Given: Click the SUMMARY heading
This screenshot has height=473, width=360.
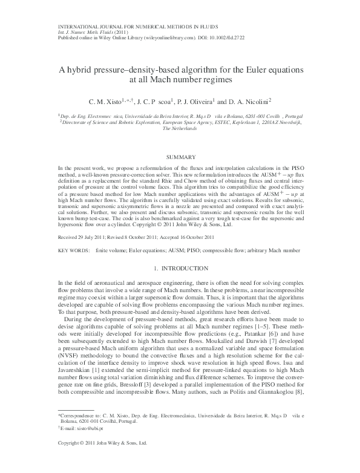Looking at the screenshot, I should pyautogui.click(x=180, y=157).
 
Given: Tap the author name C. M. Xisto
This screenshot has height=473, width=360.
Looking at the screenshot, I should pyautogui.click(x=105, y=102).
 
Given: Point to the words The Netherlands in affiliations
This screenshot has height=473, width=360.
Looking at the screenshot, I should pyautogui.click(x=180, y=129).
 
